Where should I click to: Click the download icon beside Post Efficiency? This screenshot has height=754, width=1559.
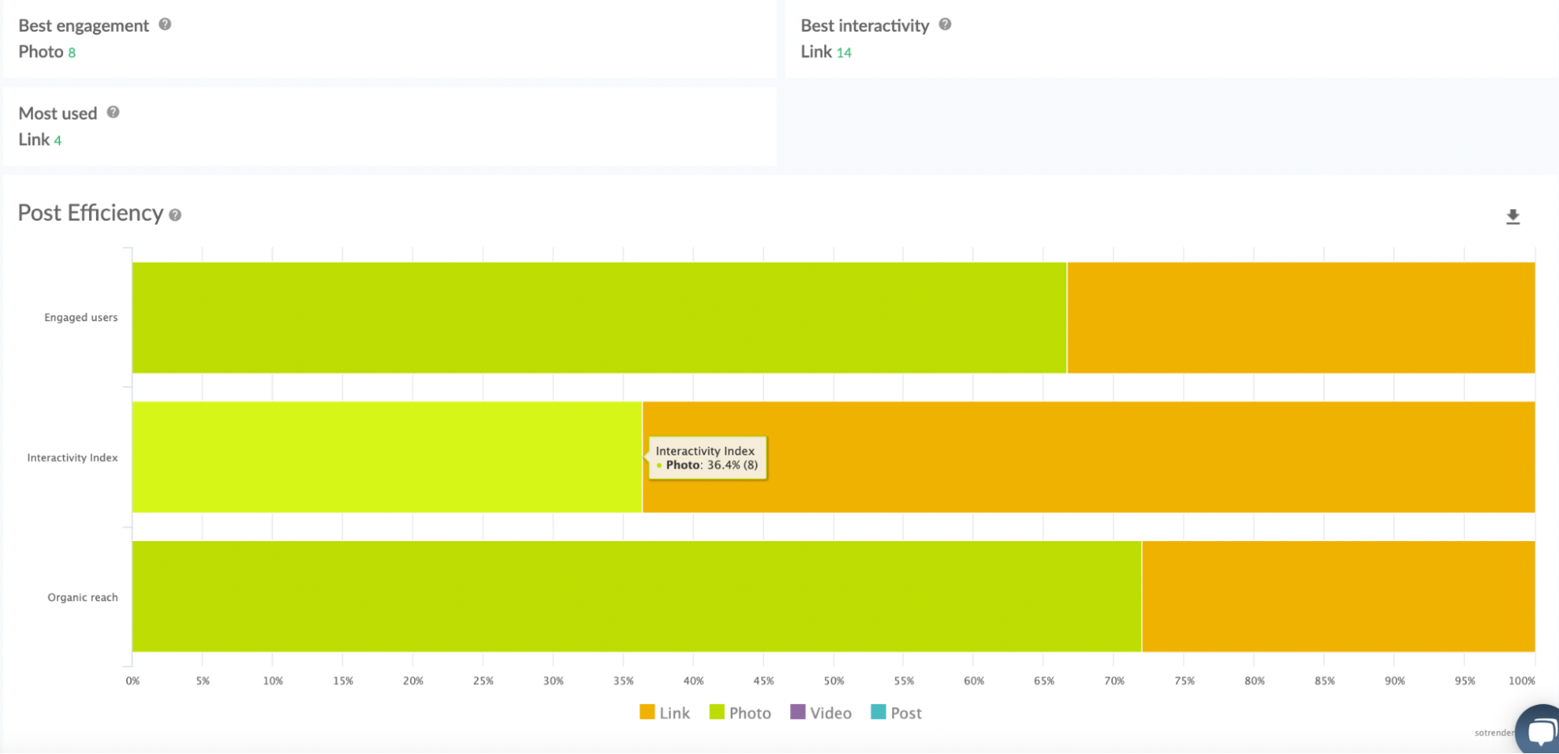(x=1512, y=217)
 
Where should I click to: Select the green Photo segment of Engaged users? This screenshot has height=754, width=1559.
(x=599, y=317)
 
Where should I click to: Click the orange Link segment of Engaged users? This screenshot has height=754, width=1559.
(x=1300, y=317)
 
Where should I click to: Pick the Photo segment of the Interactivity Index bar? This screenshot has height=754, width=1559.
(x=387, y=457)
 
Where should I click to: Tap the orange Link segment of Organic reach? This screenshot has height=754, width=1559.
(x=1338, y=596)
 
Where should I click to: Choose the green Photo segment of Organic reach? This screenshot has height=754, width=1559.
(x=636, y=596)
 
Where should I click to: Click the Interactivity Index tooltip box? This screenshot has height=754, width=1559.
(x=707, y=458)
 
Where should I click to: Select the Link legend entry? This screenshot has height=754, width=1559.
(x=664, y=713)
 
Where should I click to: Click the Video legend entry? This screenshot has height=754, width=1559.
(x=820, y=713)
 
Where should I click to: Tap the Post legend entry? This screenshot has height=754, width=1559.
(x=896, y=713)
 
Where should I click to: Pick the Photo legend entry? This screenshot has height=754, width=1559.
(x=740, y=713)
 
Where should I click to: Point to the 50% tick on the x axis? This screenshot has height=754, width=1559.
(x=834, y=681)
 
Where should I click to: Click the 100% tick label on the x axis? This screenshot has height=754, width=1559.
(x=1521, y=681)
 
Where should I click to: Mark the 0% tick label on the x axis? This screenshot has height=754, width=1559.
(x=133, y=681)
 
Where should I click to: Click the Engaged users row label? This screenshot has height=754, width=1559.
(x=81, y=317)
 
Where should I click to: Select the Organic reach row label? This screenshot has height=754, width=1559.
(x=83, y=597)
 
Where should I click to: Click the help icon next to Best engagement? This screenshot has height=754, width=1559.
(x=165, y=24)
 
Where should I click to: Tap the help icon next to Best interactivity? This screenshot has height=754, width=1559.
(x=945, y=24)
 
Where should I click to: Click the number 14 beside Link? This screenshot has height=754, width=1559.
(x=844, y=53)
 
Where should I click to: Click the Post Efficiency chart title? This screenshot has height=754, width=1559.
(x=90, y=213)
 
